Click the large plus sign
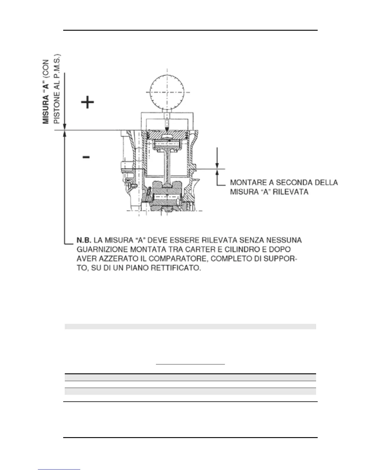point(88,103)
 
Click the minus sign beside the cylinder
point(86,157)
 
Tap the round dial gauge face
point(167,88)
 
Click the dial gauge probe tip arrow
point(167,128)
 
